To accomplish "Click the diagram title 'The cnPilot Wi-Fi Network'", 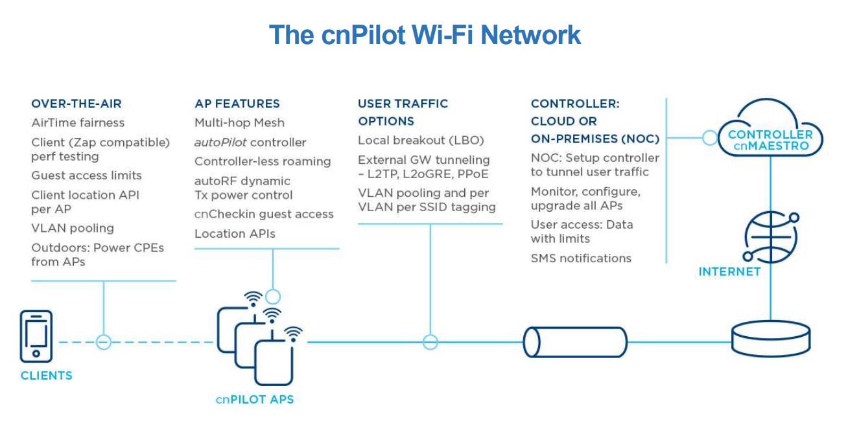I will point(425,35).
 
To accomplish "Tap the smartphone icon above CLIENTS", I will point(36,336).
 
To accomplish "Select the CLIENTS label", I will point(46,376).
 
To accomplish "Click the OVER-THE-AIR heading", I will point(77,104).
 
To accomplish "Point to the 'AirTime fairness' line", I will point(78,122).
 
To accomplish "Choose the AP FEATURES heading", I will point(237,104).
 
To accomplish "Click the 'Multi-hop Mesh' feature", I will point(239,122).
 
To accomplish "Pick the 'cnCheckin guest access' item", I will point(264,214).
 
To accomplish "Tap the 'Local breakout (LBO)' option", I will point(421,141).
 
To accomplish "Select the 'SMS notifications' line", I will point(581,258).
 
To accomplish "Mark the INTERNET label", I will point(729,271).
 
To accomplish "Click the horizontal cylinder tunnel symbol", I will point(575,342).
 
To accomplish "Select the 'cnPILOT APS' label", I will point(255,399).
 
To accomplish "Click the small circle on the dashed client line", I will point(103,342).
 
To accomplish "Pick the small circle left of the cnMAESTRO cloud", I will point(710,137).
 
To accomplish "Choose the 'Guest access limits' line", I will point(86,176).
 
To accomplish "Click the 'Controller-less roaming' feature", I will point(263,161).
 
